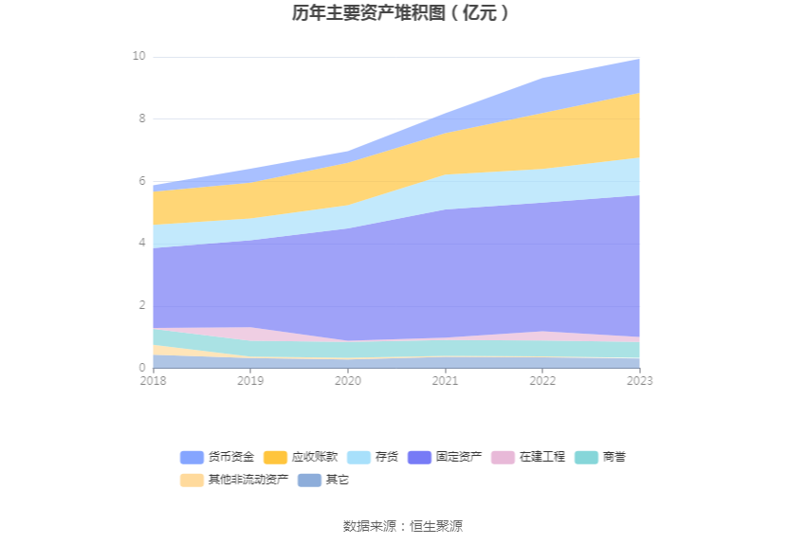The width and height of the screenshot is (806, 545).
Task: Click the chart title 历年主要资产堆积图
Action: [402, 13]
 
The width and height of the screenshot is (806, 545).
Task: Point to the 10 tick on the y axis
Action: [138, 57]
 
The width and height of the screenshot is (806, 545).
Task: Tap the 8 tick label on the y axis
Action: [141, 119]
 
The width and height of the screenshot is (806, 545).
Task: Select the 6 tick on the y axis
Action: [141, 181]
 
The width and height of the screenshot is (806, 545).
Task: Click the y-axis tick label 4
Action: [141, 244]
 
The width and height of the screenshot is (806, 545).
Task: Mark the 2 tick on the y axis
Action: [141, 305]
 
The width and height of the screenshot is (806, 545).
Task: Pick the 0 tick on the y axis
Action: [141, 368]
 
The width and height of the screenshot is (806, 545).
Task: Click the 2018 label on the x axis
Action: [153, 381]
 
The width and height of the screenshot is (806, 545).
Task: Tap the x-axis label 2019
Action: [250, 381]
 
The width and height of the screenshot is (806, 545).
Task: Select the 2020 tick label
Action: [348, 381]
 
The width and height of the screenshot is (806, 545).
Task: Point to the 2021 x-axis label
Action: [445, 381]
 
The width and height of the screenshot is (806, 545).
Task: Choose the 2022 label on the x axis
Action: [542, 381]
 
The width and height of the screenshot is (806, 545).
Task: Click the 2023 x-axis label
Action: [640, 381]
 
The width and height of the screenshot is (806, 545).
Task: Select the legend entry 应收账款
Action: [301, 457]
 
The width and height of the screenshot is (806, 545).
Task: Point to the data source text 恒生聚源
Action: [436, 526]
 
